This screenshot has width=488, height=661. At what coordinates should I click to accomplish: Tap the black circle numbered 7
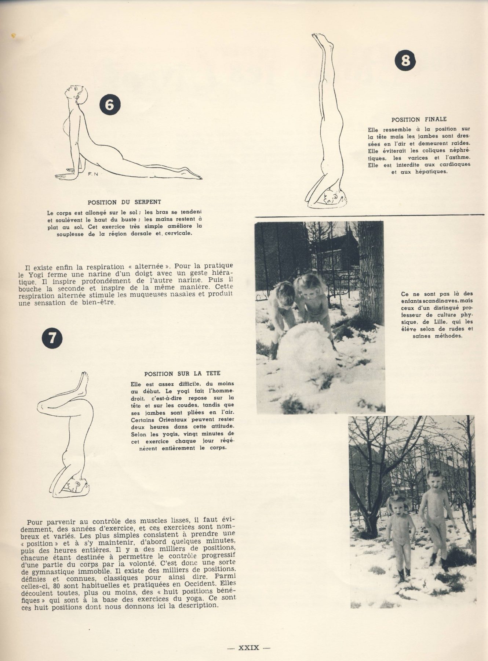click(x=52, y=338)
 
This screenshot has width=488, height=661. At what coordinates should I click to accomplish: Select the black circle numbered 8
click(x=405, y=60)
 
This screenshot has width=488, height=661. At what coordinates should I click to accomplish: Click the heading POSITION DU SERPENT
click(x=124, y=202)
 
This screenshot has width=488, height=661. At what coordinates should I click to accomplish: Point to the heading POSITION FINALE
click(x=419, y=119)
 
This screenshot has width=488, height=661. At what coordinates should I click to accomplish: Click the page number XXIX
click(x=249, y=648)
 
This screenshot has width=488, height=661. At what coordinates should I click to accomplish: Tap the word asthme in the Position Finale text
click(x=459, y=158)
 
